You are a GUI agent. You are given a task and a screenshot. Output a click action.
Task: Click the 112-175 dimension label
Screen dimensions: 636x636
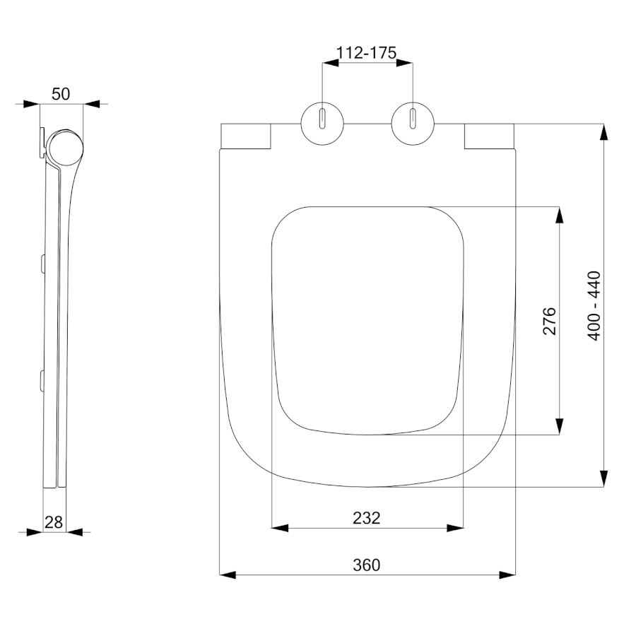pyautogui.click(x=366, y=53)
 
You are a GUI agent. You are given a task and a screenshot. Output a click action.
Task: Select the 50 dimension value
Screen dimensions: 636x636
pyautogui.click(x=61, y=94)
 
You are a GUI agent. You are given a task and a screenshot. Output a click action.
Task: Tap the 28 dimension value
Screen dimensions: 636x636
pyautogui.click(x=54, y=522)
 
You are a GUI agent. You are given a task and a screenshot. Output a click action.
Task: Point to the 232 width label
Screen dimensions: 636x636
pyautogui.click(x=367, y=518)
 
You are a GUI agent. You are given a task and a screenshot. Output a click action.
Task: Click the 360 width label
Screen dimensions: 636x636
pyautogui.click(x=367, y=565)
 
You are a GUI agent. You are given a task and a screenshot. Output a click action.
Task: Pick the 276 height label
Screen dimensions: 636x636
pyautogui.click(x=549, y=321)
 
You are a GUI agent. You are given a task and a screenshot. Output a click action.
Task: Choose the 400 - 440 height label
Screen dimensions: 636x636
pyautogui.click(x=594, y=305)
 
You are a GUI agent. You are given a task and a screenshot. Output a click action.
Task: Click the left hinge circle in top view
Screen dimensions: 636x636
pyautogui.click(x=301, y=124)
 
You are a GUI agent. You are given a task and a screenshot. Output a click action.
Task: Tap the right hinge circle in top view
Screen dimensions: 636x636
pyautogui.click(x=391, y=124)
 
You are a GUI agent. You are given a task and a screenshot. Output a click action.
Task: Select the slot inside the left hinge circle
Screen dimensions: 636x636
pyautogui.click(x=322, y=119)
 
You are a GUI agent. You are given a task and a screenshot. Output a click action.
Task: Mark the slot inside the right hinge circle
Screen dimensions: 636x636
pyautogui.click(x=413, y=119)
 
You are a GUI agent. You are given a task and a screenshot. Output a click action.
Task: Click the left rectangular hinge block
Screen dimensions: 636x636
pyautogui.click(x=246, y=136)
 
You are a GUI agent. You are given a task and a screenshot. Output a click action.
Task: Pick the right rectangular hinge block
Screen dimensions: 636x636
pyautogui.click(x=489, y=136)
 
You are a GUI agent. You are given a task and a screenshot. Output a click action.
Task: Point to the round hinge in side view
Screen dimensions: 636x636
pyautogui.click(x=65, y=148)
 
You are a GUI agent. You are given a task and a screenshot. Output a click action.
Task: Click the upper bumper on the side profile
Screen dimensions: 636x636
pyautogui.click(x=42, y=262)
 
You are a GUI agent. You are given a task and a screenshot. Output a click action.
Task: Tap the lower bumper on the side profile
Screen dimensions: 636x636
pyautogui.click(x=42, y=380)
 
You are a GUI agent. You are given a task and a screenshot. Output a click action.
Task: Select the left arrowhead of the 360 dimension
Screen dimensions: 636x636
pyautogui.click(x=228, y=575)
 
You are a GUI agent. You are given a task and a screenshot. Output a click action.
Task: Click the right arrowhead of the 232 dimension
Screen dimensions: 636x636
pyautogui.click(x=455, y=528)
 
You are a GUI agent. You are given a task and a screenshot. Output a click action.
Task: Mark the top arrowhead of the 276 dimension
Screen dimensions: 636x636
pyautogui.click(x=560, y=215)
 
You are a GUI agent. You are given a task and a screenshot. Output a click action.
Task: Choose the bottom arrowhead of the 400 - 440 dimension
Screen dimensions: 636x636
pyautogui.click(x=604, y=478)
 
